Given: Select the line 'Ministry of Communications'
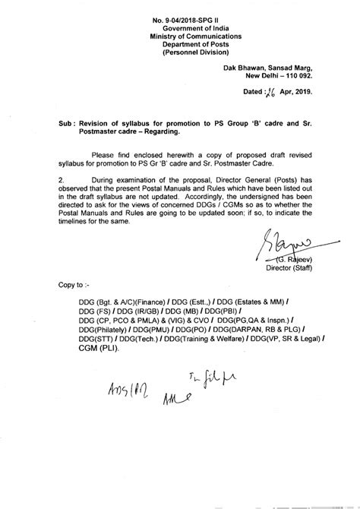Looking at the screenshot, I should (180, 31).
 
